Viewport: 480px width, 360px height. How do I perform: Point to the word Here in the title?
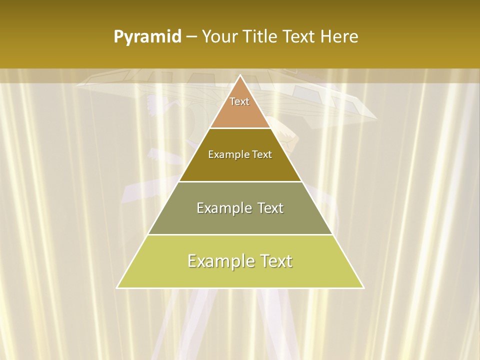tap(339, 37)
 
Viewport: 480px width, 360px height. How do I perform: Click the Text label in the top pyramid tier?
tap(239, 101)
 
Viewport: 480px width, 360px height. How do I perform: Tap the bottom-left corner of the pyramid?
tap(117, 288)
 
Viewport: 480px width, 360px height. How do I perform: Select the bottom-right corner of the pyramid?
tap(363, 288)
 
